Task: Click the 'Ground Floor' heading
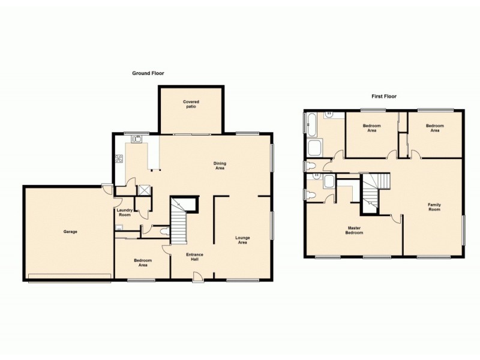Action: (x=148, y=73)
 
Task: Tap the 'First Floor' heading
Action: (x=384, y=96)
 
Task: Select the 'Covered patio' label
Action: (x=191, y=104)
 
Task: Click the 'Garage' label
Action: (x=70, y=232)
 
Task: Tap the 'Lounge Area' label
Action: (x=242, y=240)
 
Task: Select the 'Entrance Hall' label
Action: (x=194, y=257)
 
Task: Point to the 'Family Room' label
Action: (x=434, y=207)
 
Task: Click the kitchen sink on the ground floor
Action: (x=137, y=139)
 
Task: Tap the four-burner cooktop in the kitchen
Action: (x=119, y=159)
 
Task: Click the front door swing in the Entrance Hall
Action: (x=197, y=275)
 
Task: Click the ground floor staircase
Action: (x=179, y=222)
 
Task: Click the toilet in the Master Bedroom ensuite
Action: (x=309, y=193)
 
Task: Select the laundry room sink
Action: (x=119, y=227)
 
